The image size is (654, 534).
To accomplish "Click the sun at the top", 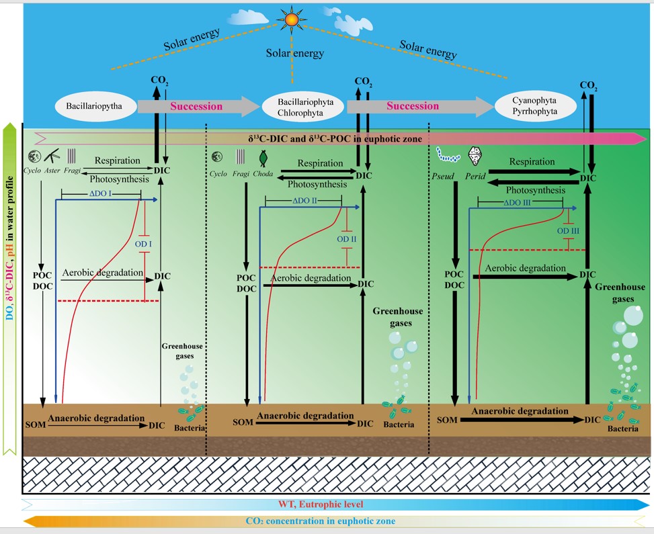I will tap(291, 20).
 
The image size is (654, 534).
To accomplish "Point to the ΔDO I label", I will tap(100, 193).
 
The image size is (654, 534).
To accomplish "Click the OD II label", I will tap(347, 238).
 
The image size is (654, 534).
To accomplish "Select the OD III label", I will tap(569, 231).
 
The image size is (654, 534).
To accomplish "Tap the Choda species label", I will tap(263, 175).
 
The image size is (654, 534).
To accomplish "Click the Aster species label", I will tap(51, 172).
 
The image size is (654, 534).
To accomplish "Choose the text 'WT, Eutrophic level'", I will tap(321, 504).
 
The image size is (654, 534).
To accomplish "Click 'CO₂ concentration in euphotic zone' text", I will tap(322, 521).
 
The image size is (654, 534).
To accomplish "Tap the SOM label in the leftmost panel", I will tap(35, 425).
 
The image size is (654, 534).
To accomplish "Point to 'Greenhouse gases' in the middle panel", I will tap(392, 317).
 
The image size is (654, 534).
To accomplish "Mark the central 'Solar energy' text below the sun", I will tap(295, 53).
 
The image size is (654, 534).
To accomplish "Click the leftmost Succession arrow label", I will tap(196, 106).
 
